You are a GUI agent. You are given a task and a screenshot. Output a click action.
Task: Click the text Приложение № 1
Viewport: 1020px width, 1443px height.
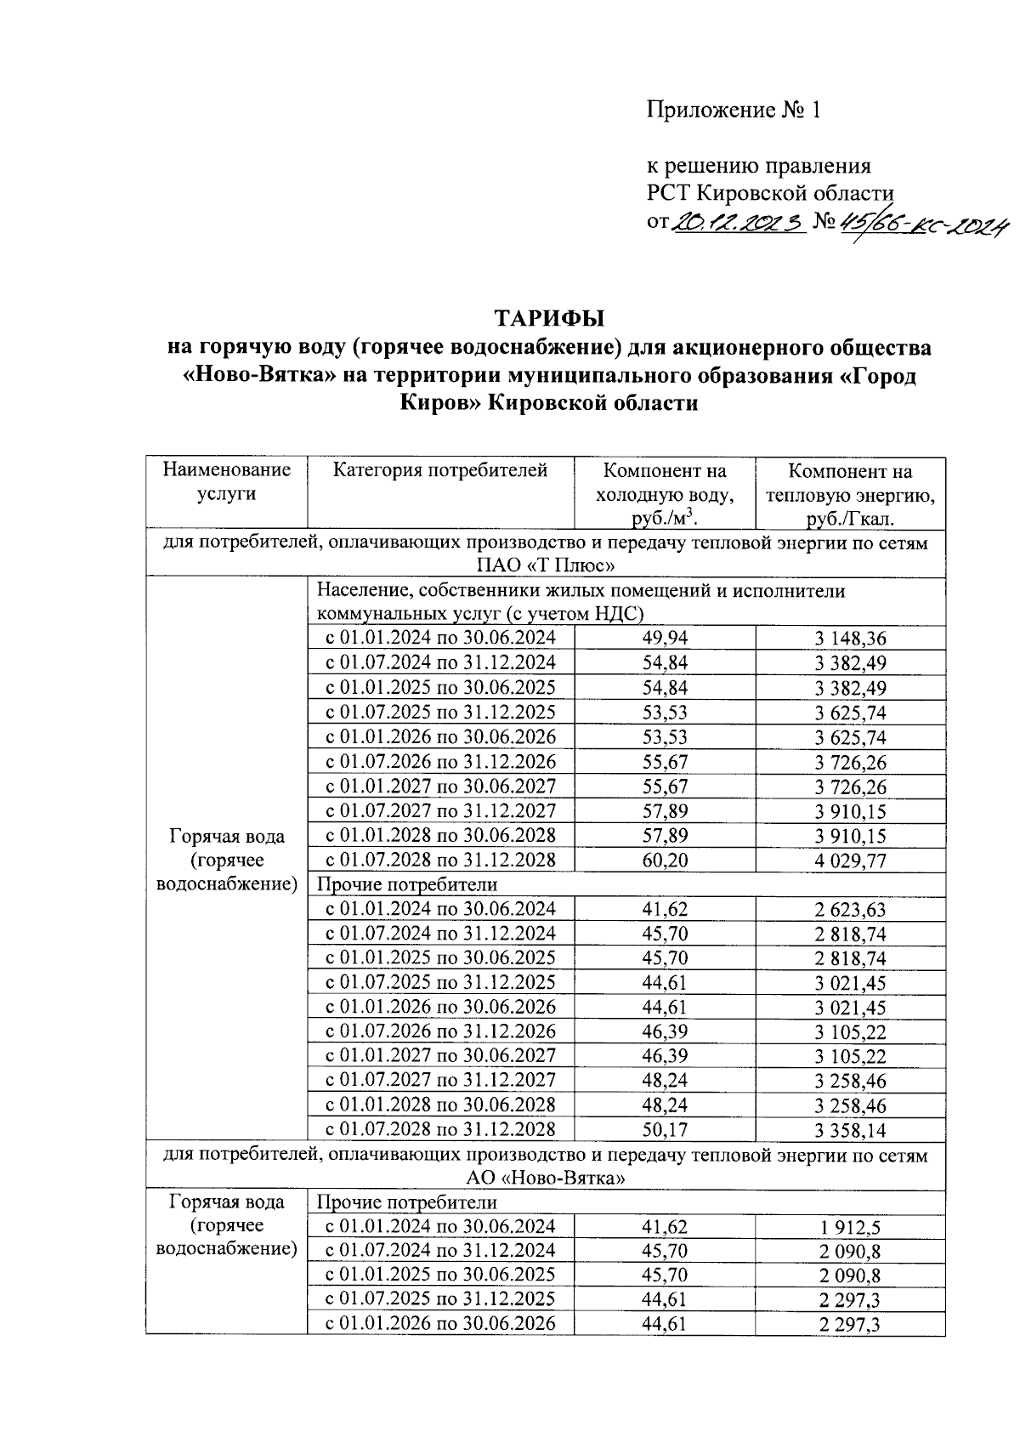[x=733, y=110]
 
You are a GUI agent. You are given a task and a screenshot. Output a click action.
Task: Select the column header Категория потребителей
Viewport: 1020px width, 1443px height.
[x=439, y=470]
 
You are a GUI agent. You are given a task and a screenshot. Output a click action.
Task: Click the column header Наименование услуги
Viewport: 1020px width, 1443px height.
[x=226, y=482]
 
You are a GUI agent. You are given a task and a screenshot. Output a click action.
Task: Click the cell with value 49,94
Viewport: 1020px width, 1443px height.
[x=665, y=639]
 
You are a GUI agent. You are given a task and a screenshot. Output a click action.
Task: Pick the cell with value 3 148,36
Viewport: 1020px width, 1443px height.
[x=850, y=639]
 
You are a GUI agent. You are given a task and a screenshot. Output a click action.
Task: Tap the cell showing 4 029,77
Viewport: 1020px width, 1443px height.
[x=850, y=861]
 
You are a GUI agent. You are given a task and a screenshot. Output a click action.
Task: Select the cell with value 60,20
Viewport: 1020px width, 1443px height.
[x=665, y=861]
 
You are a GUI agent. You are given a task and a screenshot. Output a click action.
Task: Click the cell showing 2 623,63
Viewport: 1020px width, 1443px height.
[x=850, y=910]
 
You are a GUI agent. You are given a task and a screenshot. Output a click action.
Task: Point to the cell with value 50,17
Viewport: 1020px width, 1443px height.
[x=665, y=1130]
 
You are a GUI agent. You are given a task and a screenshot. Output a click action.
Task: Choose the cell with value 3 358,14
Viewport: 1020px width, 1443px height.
[x=850, y=1130]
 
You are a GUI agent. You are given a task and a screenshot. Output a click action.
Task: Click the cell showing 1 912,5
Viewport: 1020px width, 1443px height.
[x=850, y=1227]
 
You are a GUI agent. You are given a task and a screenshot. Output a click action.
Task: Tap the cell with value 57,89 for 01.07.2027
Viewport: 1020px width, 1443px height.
[x=665, y=811]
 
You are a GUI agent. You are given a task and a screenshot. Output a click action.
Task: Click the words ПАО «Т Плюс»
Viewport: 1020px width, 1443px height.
[x=546, y=565]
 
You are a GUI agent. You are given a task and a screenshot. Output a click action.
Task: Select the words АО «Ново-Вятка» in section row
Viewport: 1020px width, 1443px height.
[x=546, y=1179]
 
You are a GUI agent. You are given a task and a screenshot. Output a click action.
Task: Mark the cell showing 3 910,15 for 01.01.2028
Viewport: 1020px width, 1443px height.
[x=850, y=836]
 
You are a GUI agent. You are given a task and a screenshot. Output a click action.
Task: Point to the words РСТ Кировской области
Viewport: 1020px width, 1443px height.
[x=770, y=193]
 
